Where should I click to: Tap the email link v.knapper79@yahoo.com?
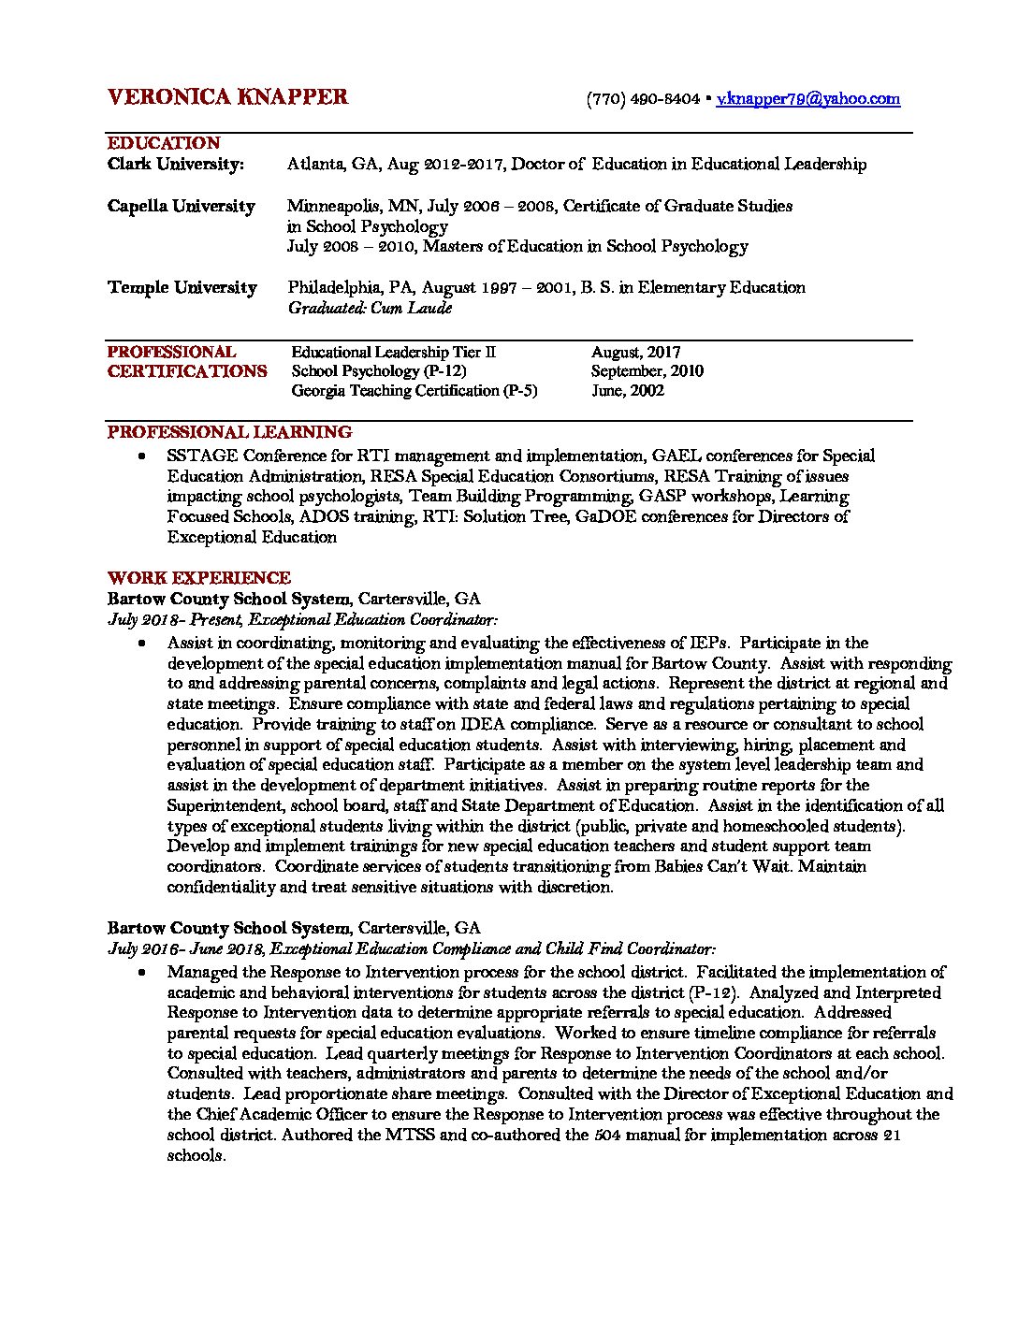(807, 98)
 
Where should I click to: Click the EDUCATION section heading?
(164, 143)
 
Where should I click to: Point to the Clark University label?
(176, 165)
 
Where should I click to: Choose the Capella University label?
(182, 206)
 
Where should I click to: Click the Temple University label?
(182, 287)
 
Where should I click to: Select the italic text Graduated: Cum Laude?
(370, 308)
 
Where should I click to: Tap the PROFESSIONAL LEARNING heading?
(229, 432)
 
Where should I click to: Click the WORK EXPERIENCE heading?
(199, 578)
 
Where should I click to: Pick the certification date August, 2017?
(635, 353)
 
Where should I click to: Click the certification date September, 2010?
(647, 371)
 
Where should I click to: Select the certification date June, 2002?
(628, 391)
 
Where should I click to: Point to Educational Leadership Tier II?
(393, 353)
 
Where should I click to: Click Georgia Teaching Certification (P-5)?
(414, 391)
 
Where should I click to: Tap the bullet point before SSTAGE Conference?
(141, 456)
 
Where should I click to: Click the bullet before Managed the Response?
(141, 973)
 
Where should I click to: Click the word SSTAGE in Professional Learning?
(201, 456)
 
